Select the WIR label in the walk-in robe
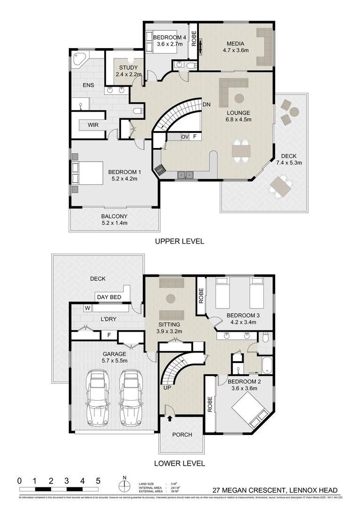click(x=93, y=125)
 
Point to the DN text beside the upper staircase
click(x=206, y=104)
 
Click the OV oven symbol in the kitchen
click(x=185, y=137)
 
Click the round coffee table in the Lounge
click(x=239, y=98)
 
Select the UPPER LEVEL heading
click(x=180, y=241)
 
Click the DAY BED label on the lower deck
click(x=109, y=297)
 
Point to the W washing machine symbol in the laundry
click(x=87, y=308)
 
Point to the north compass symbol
click(x=124, y=485)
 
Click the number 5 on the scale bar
click(x=98, y=481)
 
